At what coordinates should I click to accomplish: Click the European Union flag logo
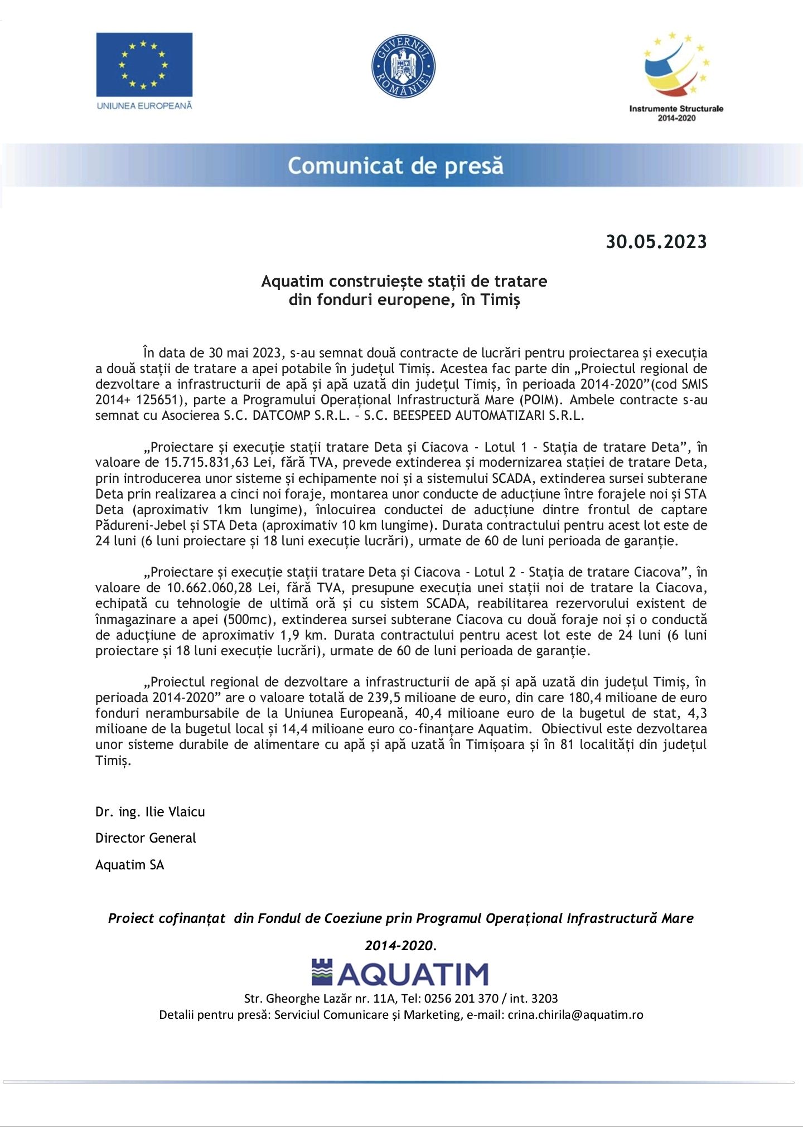coord(144,65)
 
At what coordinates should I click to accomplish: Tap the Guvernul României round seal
coord(403,66)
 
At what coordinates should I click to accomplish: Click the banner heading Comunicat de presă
coord(395,166)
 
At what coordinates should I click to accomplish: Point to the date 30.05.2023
coord(656,241)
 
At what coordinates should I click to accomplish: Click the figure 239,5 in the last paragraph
coord(385,697)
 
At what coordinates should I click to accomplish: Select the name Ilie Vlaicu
coord(175,811)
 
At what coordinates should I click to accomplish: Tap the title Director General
coord(146,838)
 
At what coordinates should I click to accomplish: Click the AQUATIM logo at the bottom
coord(400,973)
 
